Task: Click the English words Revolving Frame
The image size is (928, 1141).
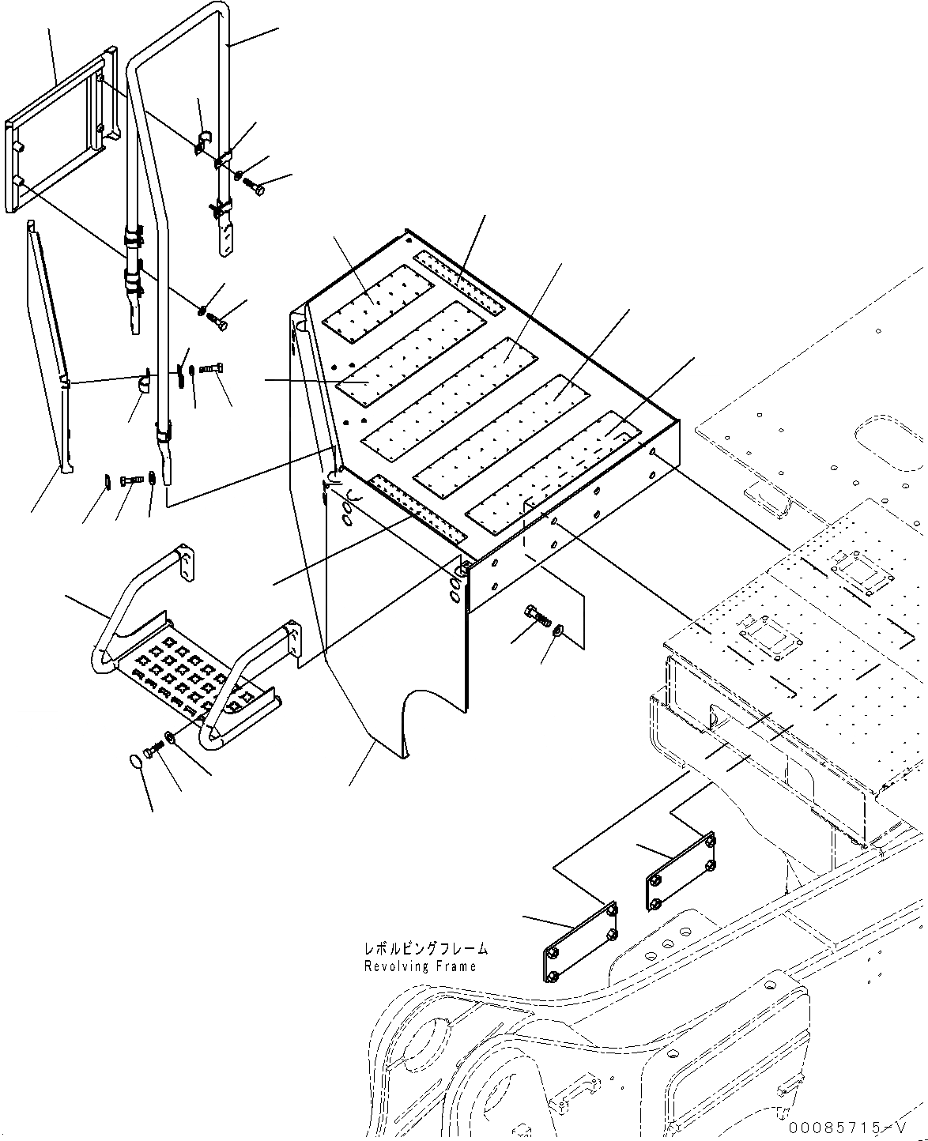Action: tap(420, 966)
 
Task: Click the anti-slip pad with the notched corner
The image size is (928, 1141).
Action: tap(553, 466)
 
